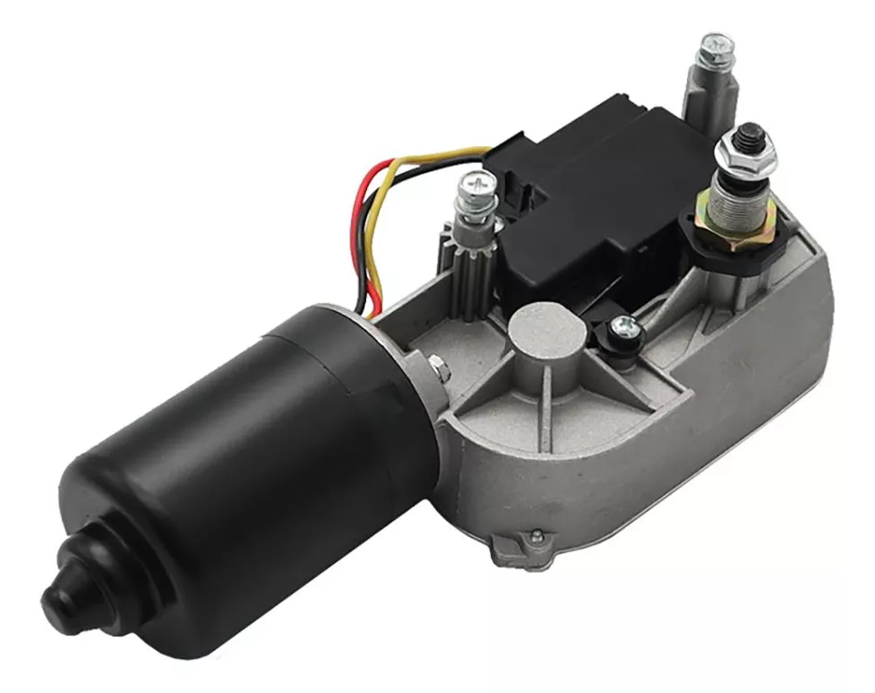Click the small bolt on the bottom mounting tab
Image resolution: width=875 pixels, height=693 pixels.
[535, 536]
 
